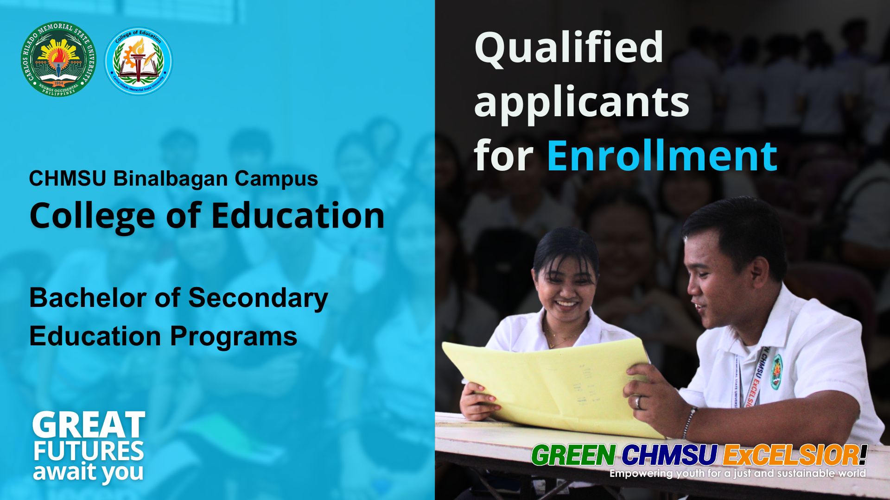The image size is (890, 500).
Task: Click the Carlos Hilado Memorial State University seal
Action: point(58,59)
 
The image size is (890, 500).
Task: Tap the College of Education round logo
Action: point(139,61)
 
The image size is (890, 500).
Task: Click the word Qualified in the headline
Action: point(569,48)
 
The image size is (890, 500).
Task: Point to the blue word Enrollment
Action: point(662,156)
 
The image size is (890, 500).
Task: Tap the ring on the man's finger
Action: point(638,402)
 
